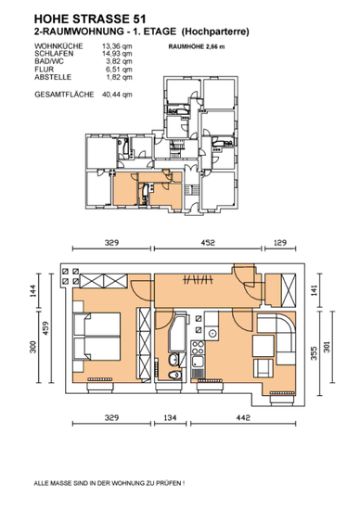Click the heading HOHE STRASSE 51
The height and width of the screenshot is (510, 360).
(x=90, y=19)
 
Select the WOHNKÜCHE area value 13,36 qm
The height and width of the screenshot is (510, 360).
(x=117, y=46)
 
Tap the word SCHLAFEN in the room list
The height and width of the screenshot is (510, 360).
(x=54, y=54)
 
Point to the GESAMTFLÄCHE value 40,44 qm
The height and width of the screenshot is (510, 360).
(x=117, y=95)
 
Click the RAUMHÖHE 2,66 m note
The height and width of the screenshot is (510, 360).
(x=197, y=46)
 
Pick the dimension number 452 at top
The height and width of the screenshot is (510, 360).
(x=208, y=243)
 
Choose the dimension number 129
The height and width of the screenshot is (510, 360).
(x=280, y=243)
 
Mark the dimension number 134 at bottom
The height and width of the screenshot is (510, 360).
(x=170, y=417)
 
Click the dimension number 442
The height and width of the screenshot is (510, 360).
(x=243, y=417)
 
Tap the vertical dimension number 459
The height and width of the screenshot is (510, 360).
(x=45, y=328)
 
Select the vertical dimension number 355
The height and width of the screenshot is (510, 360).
(x=314, y=353)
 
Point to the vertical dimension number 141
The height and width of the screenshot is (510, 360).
(x=314, y=290)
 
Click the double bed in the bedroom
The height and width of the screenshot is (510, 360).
(x=97, y=337)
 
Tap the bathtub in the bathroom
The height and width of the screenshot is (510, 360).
(x=177, y=333)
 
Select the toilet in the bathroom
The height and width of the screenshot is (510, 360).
(x=174, y=375)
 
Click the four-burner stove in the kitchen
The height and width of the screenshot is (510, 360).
(x=198, y=348)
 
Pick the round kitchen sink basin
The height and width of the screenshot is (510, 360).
(x=212, y=334)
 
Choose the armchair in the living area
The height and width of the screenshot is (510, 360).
(x=264, y=367)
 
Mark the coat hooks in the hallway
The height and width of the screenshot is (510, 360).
(x=198, y=279)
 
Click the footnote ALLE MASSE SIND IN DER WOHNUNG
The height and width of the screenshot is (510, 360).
(x=109, y=483)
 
